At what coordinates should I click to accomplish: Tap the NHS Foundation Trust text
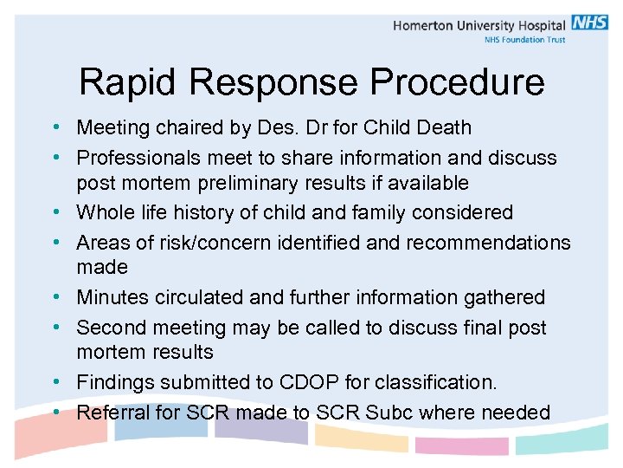(x=524, y=40)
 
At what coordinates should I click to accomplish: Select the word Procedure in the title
(x=458, y=82)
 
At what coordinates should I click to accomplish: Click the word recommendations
(x=488, y=243)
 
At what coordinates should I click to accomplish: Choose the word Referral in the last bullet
(x=109, y=412)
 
